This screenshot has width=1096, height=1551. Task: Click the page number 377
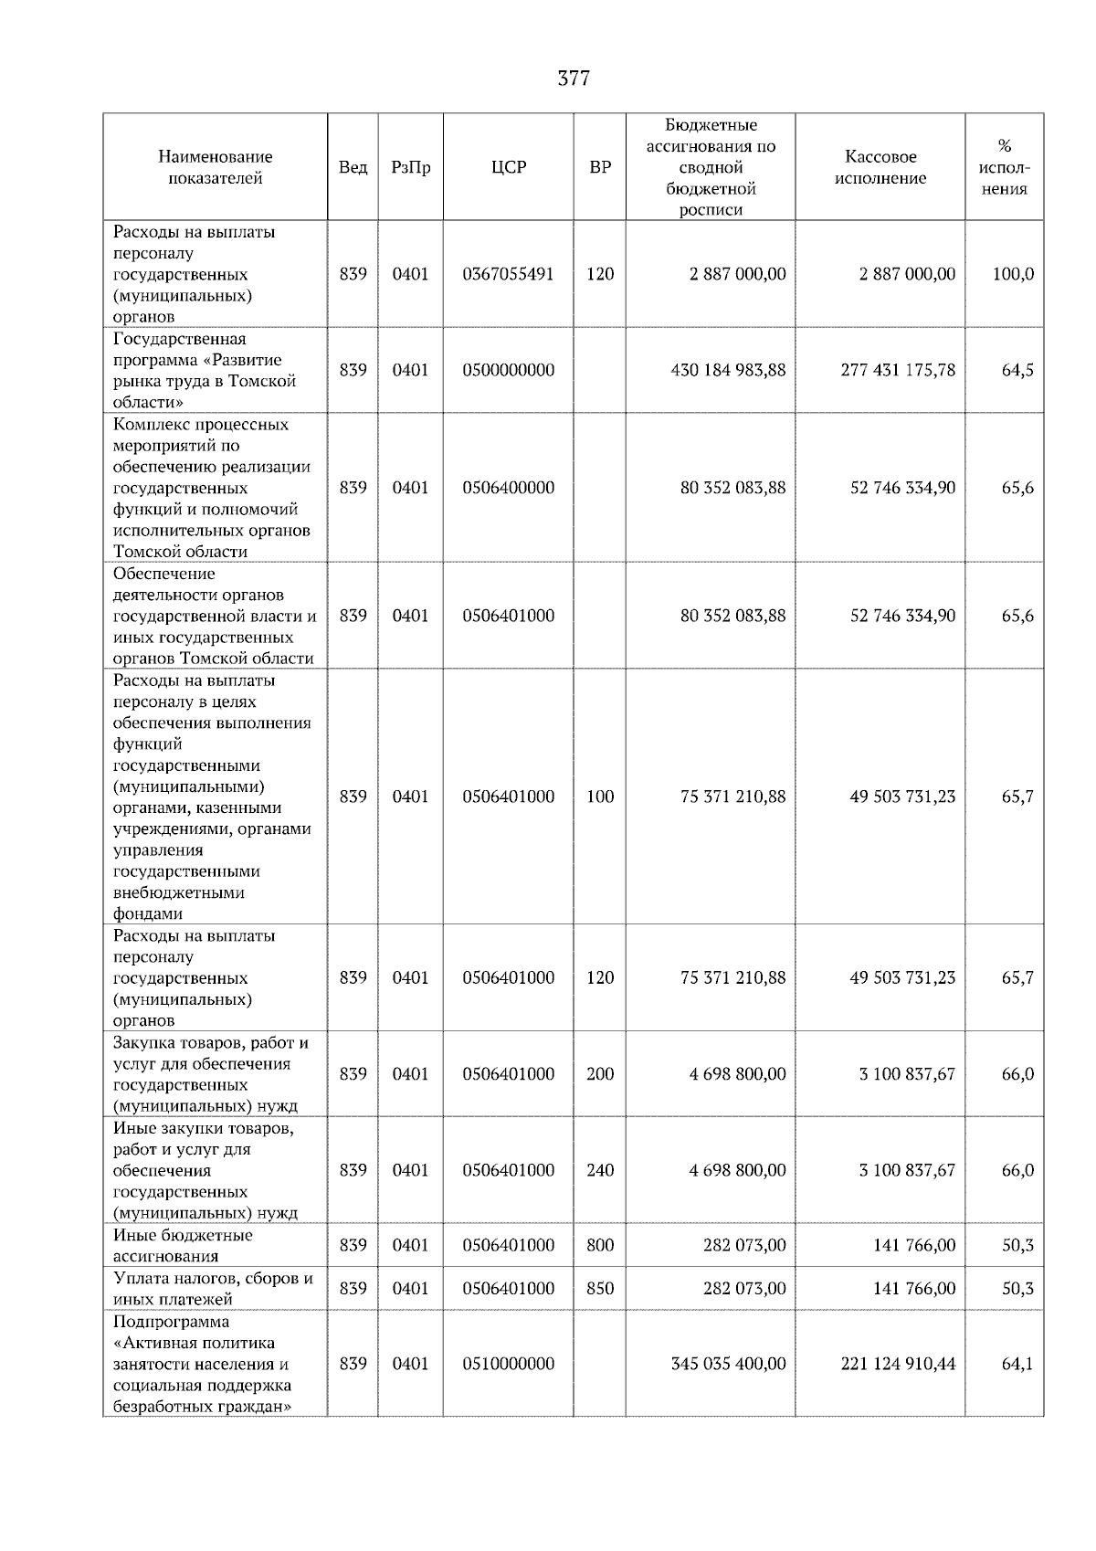574,79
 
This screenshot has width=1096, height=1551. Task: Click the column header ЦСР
509,167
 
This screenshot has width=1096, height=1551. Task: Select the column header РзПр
410,167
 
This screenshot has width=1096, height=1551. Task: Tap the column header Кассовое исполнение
880,167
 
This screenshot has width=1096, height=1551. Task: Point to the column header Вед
353,167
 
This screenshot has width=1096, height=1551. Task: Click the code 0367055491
509,274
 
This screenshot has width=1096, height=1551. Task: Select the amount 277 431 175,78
898,370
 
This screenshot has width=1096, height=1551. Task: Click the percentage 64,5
1017,370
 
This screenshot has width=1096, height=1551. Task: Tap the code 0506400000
509,488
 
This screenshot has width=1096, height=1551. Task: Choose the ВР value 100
600,797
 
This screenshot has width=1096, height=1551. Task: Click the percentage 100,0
1013,274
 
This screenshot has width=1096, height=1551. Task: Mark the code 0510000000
509,1364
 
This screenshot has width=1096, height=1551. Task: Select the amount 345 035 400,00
728,1364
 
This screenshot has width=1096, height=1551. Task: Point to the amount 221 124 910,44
898,1364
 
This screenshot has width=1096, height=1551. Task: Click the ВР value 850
600,1289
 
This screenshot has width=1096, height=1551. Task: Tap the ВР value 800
600,1246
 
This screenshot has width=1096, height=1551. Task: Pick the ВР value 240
600,1171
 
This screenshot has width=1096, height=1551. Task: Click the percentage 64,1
1017,1364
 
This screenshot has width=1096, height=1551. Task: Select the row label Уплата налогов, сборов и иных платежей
213,1289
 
